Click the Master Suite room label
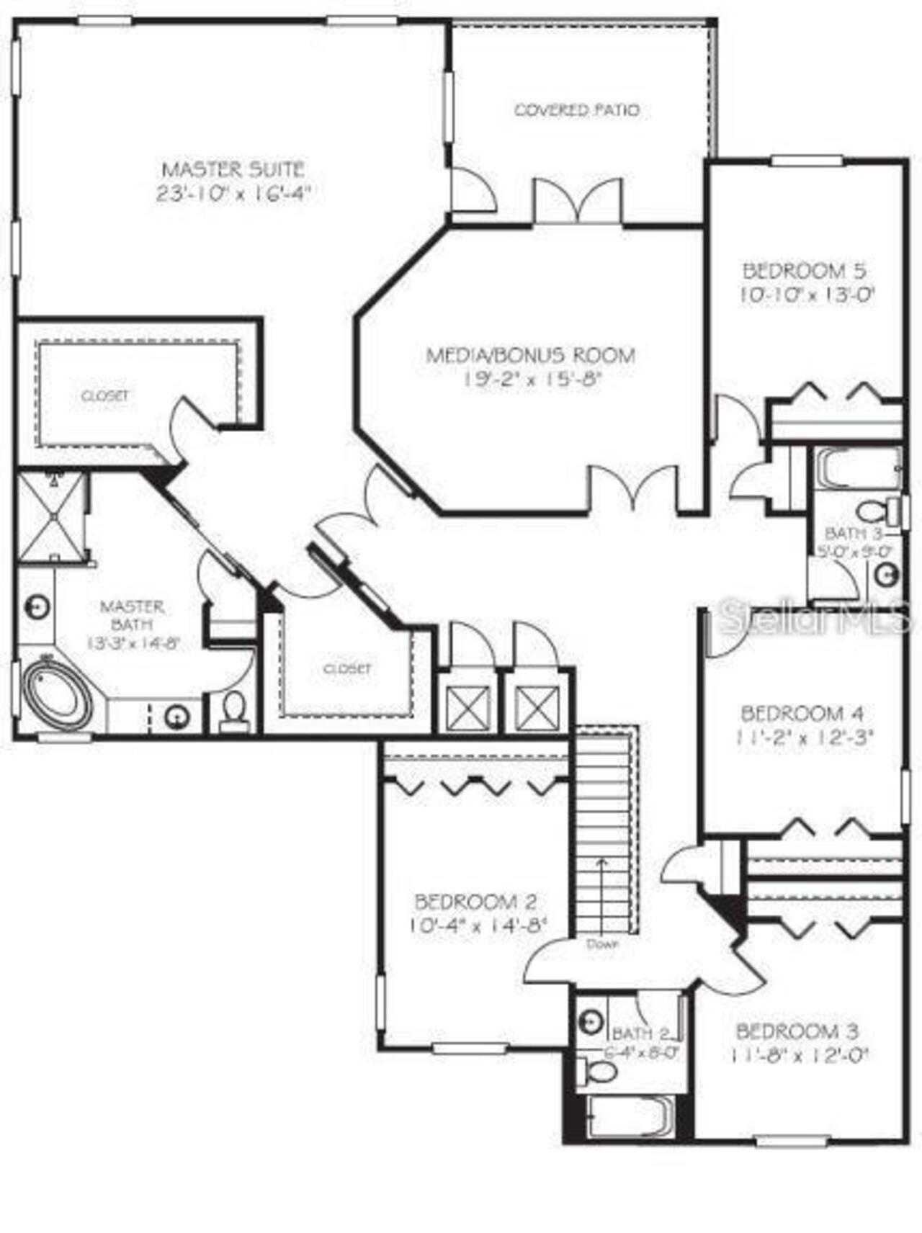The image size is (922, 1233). (233, 170)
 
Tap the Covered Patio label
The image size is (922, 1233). (576, 110)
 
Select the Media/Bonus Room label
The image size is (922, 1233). (531, 355)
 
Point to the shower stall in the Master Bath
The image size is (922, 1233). (50, 516)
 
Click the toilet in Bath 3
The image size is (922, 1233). (872, 511)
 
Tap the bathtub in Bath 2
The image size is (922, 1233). (630, 1117)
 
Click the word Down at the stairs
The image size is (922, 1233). (602, 943)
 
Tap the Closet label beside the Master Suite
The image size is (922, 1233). (105, 395)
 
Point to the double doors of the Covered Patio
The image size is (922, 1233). (578, 202)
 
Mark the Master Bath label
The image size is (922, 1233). (132, 615)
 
